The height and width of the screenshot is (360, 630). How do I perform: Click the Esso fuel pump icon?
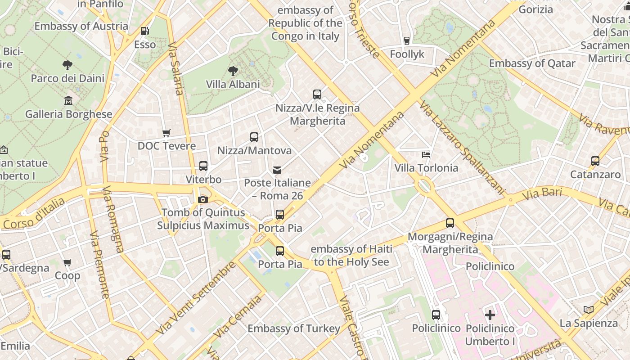tap(145, 31)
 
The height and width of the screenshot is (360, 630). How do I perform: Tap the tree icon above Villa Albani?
tap(233, 71)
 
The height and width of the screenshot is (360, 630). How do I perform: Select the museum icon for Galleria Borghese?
tap(68, 100)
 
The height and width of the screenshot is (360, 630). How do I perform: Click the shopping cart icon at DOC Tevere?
tap(166, 133)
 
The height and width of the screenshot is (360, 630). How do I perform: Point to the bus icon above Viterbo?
tap(203, 166)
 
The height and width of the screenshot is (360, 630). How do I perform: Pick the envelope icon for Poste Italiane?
tap(277, 170)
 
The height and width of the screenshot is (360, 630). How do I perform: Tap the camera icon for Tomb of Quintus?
tap(203, 199)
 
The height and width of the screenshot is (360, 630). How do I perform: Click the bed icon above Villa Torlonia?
tap(426, 155)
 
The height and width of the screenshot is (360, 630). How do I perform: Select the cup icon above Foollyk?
tap(407, 41)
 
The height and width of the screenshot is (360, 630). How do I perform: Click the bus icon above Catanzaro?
tap(595, 161)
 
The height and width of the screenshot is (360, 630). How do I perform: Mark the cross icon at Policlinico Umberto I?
tap(490, 315)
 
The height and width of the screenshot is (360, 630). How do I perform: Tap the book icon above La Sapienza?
tap(588, 310)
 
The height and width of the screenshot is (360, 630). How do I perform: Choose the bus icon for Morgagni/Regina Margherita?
tap(450, 223)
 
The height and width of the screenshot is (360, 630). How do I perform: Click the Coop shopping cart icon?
tap(67, 262)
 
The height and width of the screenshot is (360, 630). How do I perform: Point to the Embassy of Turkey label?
tap(294, 328)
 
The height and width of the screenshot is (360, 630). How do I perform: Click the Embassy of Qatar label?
tap(532, 63)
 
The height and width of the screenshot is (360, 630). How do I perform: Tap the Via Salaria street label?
tap(175, 69)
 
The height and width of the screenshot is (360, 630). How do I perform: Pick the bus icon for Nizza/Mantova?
tap(254, 137)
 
